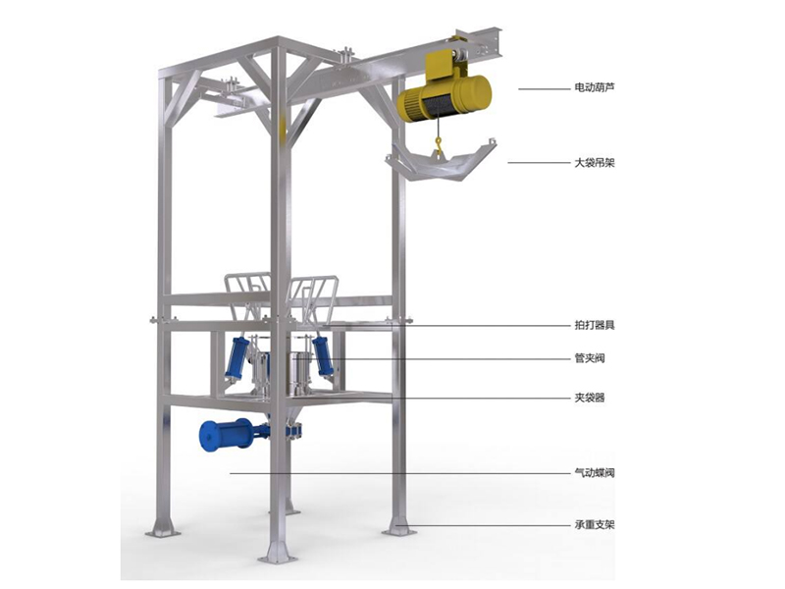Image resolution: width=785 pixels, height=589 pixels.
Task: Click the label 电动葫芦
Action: pos(595,87)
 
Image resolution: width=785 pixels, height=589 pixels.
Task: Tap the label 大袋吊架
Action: pos(595,163)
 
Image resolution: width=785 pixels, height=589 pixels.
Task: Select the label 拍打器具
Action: pos(595,325)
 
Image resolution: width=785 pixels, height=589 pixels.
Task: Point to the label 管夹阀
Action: pos(590,358)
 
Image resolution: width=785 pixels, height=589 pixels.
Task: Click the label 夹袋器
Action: pos(590,399)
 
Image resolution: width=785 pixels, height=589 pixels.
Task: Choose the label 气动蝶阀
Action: pos(595,473)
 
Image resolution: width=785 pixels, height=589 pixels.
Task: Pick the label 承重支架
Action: pos(595,525)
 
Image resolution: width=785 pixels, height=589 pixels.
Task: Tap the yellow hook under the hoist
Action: pos(439,145)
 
